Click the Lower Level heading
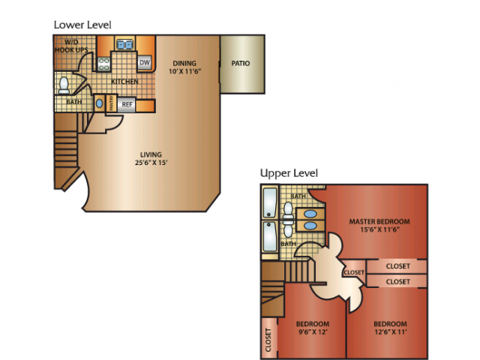coord(82,25)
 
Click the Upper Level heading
coord(289,173)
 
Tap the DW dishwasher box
coord(145,63)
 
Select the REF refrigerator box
coord(127,104)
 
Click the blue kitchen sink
coord(125,45)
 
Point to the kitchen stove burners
coord(104,64)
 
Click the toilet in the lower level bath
coord(64,85)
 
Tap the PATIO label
coord(241,63)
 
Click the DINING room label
coord(184,63)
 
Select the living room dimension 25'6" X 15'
coord(151,163)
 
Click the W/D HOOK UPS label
coord(71,46)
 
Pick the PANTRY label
coord(112,103)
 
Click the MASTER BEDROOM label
coord(379,221)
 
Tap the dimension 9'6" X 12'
coord(313,331)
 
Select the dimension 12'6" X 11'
coord(391,331)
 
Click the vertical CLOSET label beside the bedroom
coord(268,340)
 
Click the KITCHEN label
coord(124,82)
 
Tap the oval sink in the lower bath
coord(99,103)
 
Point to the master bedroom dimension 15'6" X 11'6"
coord(380,229)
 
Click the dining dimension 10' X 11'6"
coord(185,71)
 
